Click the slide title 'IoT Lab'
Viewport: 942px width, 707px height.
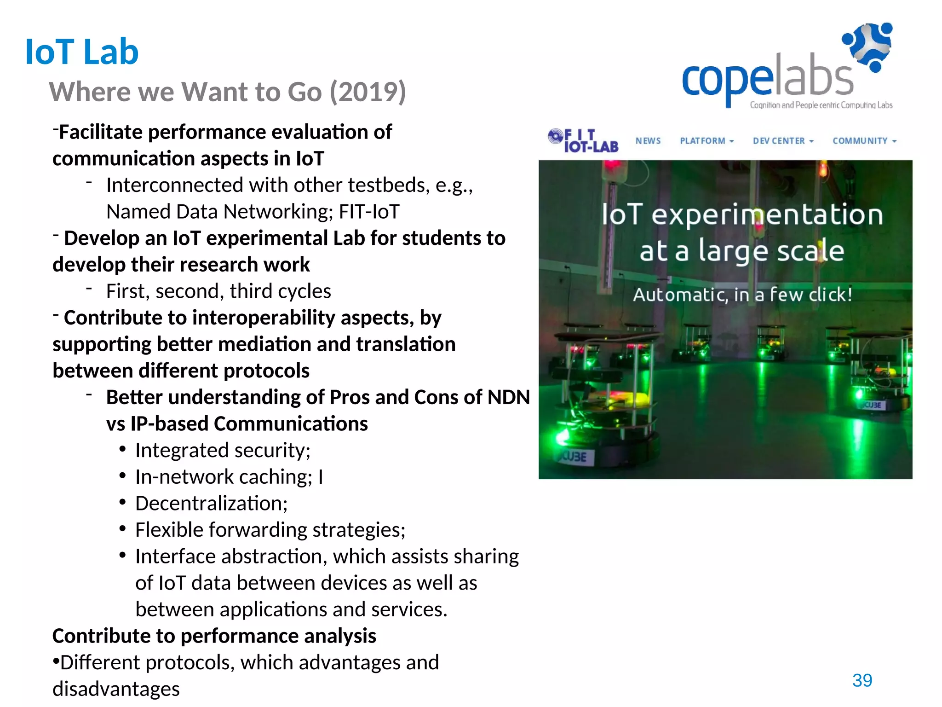[x=82, y=52]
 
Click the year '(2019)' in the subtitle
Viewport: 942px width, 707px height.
[x=368, y=92]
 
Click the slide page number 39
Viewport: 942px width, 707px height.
[x=862, y=680]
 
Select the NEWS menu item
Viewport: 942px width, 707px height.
[x=648, y=141]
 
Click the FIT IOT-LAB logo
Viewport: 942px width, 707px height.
[x=583, y=140]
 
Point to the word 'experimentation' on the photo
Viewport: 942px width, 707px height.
[x=767, y=215]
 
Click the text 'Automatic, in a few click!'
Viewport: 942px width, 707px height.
[x=742, y=295]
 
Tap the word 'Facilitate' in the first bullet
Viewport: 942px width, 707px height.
[x=101, y=132]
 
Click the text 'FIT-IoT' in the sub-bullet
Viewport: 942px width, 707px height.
[x=369, y=212]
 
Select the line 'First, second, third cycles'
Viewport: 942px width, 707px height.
[x=218, y=291]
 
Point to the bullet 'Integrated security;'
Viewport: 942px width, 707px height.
[x=223, y=450]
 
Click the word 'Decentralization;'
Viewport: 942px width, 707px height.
[x=211, y=504]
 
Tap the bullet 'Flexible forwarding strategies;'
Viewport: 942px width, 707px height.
[x=270, y=530]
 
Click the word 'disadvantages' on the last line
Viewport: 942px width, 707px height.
[x=116, y=689]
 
